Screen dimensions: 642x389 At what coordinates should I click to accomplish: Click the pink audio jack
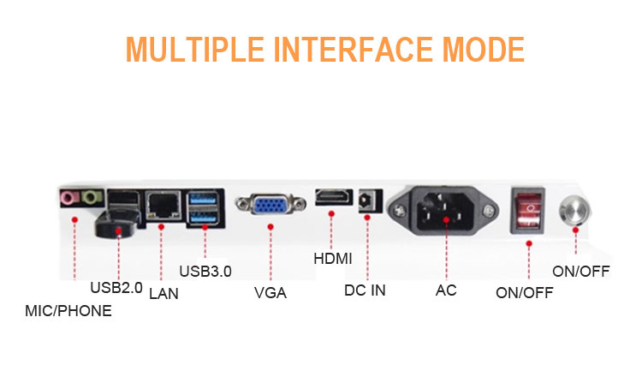[68, 199]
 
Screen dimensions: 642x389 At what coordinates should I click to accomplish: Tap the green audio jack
[92, 197]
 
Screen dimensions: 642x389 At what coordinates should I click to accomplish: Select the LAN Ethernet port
[163, 204]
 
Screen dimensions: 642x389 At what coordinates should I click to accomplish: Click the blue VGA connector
[270, 204]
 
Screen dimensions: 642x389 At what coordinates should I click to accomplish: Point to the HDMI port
[334, 197]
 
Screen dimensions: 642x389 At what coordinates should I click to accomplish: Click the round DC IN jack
[365, 200]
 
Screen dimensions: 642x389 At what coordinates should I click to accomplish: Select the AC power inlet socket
[443, 211]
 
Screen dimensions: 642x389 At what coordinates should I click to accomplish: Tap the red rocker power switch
[528, 210]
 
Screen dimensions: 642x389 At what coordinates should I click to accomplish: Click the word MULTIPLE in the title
[195, 50]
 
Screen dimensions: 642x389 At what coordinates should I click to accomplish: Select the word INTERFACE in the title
[354, 50]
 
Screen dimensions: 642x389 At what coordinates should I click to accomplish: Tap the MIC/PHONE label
[68, 311]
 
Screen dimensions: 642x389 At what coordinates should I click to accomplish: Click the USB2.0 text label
[116, 287]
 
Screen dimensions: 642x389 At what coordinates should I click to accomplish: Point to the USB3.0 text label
[205, 271]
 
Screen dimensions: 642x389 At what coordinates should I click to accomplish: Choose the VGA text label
[270, 293]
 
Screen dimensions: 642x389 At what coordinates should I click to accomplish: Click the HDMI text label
[333, 259]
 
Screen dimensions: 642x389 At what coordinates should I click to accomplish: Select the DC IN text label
[365, 290]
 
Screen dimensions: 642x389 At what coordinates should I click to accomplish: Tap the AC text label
[446, 290]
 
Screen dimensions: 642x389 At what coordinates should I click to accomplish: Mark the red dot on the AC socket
[446, 219]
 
